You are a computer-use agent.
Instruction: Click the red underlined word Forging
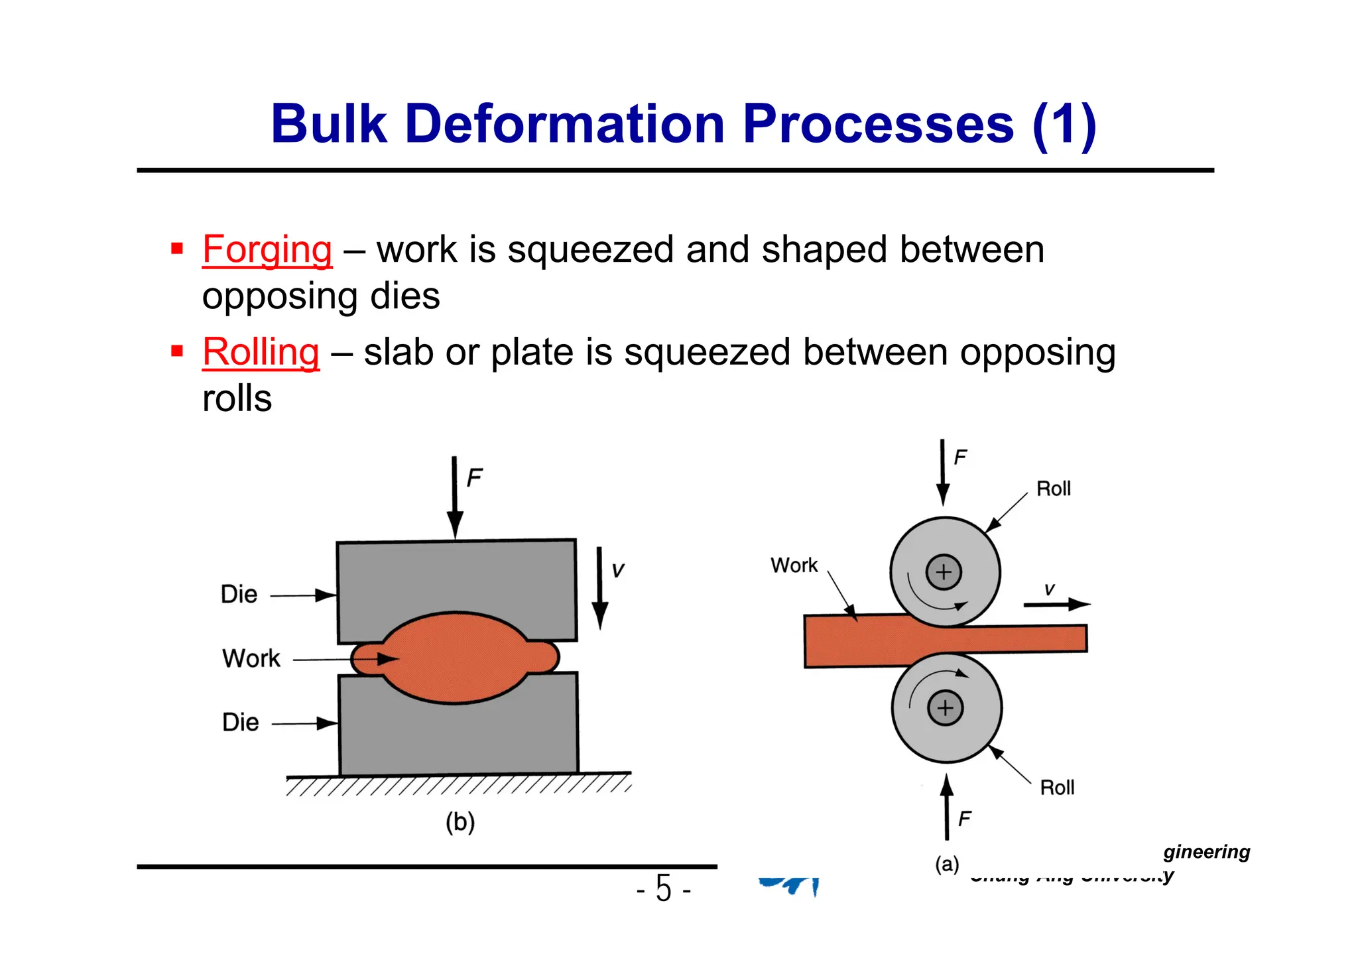pyautogui.click(x=267, y=250)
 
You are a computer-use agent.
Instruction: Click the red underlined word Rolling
pyautogui.click(x=261, y=352)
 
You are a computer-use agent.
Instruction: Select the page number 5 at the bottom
pyautogui.click(x=664, y=888)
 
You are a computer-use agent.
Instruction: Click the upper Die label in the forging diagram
pyautogui.click(x=239, y=595)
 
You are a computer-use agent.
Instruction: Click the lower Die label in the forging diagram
pyautogui.click(x=240, y=723)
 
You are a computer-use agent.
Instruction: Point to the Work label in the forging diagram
pyautogui.click(x=251, y=659)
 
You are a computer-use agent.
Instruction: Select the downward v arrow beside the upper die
pyautogui.click(x=599, y=587)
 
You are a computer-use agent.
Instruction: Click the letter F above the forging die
pyautogui.click(x=474, y=478)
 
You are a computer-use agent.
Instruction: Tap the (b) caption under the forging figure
pyautogui.click(x=460, y=822)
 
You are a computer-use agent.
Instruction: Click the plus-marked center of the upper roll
pyautogui.click(x=944, y=572)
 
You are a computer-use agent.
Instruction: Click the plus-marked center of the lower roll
pyautogui.click(x=946, y=708)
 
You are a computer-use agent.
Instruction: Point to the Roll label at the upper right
pyautogui.click(x=1053, y=489)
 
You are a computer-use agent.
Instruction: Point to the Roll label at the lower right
pyautogui.click(x=1057, y=788)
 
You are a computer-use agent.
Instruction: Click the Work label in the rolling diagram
pyautogui.click(x=794, y=566)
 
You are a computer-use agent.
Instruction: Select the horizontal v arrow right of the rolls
pyautogui.click(x=1056, y=604)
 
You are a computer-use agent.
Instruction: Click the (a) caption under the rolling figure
pyautogui.click(x=947, y=865)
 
